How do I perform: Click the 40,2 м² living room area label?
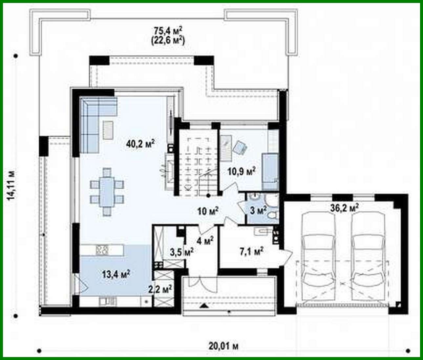pos(140,144)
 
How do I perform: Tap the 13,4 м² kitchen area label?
pos(116,274)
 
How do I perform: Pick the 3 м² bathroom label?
pos(258,210)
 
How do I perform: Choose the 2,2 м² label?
pos(160,290)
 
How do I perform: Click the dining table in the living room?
pos(107,192)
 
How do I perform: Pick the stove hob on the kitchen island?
pos(102,250)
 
